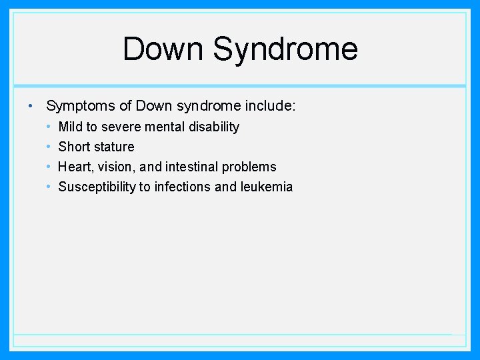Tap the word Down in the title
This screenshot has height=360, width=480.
click(163, 49)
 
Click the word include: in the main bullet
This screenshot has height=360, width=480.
click(271, 106)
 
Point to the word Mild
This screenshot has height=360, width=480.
click(71, 127)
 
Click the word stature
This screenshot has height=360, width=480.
click(115, 147)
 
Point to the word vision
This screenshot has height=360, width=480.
click(117, 167)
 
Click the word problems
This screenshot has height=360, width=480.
click(249, 167)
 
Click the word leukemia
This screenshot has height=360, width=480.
click(267, 187)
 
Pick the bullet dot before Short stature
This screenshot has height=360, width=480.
click(49, 147)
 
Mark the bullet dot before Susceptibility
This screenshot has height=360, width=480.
click(49, 187)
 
